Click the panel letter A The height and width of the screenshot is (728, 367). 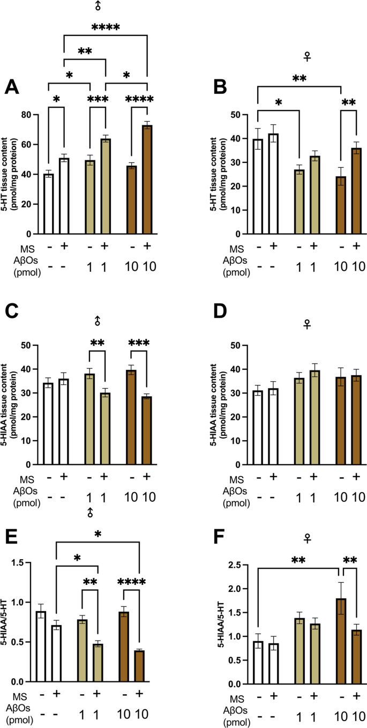[17, 86]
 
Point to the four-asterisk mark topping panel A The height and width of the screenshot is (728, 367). [106, 28]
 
